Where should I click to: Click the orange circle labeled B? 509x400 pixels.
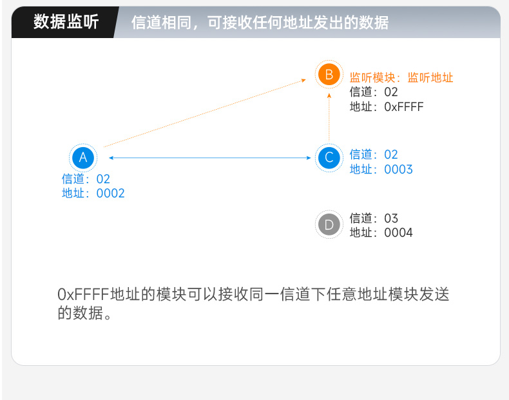click(329, 74)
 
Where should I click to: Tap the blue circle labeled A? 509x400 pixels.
click(83, 157)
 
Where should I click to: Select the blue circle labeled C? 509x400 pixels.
click(329, 157)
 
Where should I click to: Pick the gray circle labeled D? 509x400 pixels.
click(329, 225)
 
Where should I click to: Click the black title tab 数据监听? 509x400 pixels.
click(66, 22)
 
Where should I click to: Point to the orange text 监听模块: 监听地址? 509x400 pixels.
click(401, 77)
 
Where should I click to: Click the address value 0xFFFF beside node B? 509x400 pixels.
click(404, 106)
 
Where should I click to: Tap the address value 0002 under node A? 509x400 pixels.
click(110, 194)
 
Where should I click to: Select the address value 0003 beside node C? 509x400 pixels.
click(398, 169)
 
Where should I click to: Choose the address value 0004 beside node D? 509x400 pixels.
click(398, 233)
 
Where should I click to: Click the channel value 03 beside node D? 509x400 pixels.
click(391, 218)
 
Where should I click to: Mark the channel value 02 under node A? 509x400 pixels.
click(103, 179)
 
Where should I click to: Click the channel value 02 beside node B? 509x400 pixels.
click(391, 92)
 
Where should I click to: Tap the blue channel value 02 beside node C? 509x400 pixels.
click(391, 155)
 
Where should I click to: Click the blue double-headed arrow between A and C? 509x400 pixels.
click(209, 158)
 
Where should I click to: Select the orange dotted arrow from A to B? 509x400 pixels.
click(205, 113)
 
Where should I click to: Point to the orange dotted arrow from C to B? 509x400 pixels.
click(329, 117)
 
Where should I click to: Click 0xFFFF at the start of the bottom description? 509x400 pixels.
click(83, 294)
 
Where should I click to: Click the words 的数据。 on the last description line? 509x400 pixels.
click(84, 313)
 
